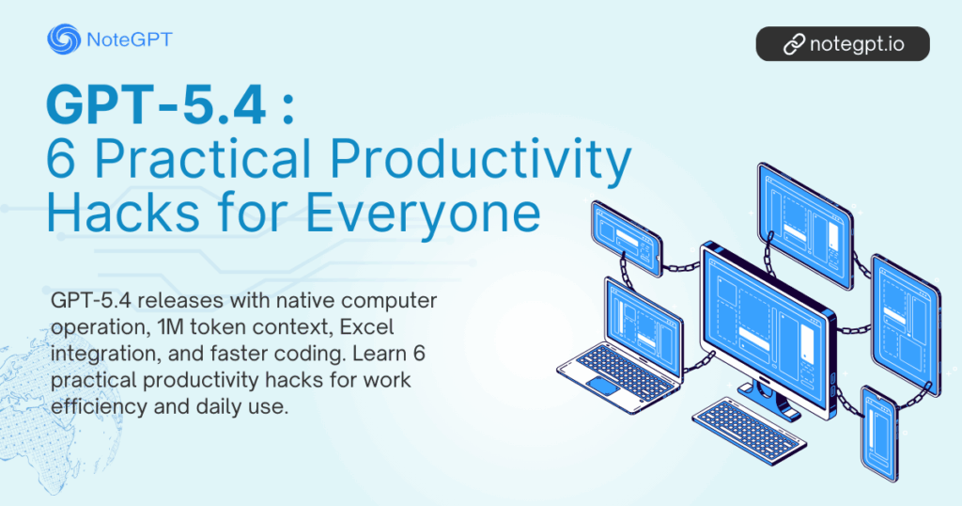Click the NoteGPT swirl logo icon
coord(63,40)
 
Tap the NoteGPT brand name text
coord(128,40)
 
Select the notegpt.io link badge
coord(842,43)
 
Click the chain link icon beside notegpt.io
coord(795,43)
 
